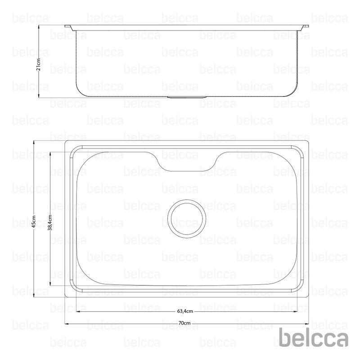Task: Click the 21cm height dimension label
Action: [39, 64]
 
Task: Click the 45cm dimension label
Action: [34, 221]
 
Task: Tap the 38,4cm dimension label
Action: [50, 222]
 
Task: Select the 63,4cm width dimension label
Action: [185, 311]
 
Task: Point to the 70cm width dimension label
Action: [184, 323]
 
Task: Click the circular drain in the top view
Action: [187, 219]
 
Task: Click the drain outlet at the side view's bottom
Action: [187, 97]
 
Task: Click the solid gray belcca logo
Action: [314, 337]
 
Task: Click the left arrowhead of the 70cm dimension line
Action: [67, 324]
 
